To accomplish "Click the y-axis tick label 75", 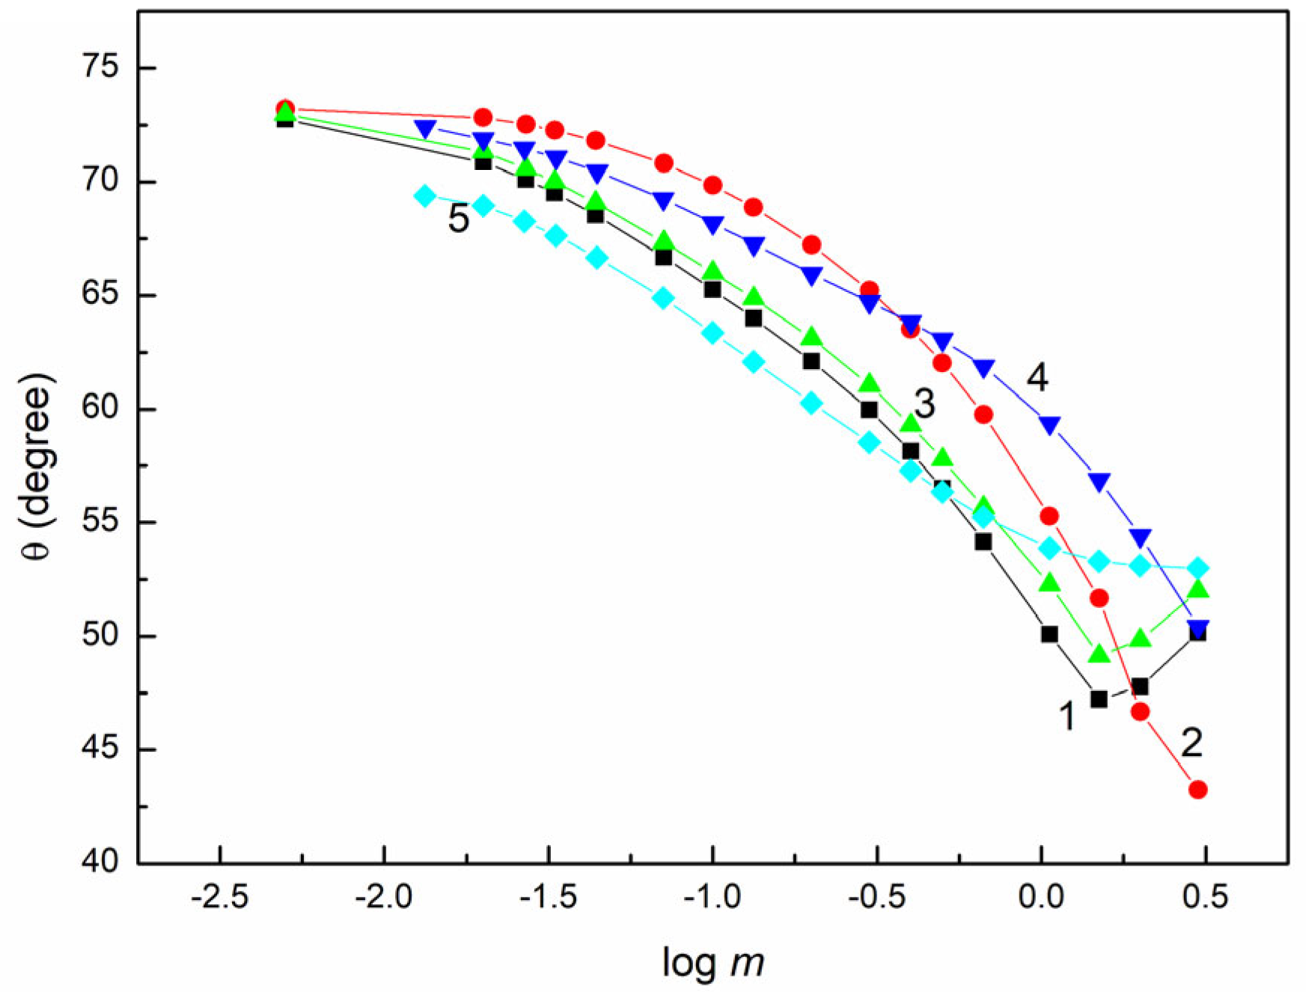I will point(100,67).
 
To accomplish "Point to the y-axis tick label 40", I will point(100,862).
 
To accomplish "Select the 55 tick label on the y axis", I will point(100,522).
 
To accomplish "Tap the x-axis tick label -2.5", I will point(219,896).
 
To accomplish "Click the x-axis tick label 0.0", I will point(1041,896).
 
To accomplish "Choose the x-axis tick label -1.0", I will point(712,896).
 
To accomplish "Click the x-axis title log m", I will point(712,962).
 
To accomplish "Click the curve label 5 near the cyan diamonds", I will point(458,219).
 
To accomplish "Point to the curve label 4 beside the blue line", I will point(1037,377).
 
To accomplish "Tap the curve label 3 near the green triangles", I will point(925,404).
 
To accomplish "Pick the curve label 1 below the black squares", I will point(1067,716).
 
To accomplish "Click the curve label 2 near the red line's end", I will point(1191,743).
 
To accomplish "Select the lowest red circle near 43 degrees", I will point(1197,789).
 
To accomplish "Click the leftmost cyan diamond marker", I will point(425,196).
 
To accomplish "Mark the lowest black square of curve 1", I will point(1099,699).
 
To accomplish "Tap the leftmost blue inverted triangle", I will point(425,130).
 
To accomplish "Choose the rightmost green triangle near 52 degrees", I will point(1197,589).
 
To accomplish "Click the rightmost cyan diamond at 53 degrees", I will point(1197,568).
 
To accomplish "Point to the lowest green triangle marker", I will point(1099,654).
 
